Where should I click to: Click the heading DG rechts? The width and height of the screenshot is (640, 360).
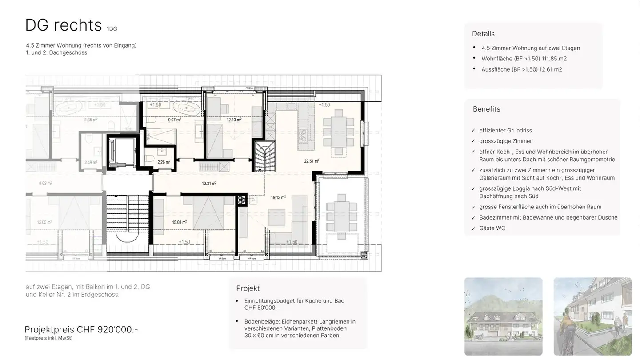(x=64, y=25)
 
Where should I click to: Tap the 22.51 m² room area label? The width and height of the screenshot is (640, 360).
(x=311, y=161)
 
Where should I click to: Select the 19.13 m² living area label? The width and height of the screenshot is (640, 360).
(x=278, y=198)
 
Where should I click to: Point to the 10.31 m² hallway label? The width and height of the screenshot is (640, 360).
(x=209, y=183)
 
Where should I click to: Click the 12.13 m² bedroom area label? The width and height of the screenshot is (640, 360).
(x=234, y=120)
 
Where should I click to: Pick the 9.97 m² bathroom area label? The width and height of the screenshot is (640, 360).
(x=174, y=120)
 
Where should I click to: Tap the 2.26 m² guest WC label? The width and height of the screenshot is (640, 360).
(x=164, y=162)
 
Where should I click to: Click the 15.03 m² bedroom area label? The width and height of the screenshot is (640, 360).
(x=179, y=222)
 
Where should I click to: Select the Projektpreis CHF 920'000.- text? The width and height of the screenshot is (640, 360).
(x=81, y=329)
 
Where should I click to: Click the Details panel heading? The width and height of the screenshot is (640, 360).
(x=483, y=34)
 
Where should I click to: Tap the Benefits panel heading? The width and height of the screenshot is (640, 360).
(x=486, y=109)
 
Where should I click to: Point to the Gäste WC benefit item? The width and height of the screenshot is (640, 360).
(x=492, y=228)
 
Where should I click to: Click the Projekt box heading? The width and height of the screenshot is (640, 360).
(x=248, y=288)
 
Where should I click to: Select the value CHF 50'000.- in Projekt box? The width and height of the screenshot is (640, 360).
(x=262, y=308)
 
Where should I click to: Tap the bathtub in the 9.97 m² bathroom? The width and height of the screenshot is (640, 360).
(x=187, y=108)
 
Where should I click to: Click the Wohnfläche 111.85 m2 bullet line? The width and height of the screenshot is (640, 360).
(x=524, y=59)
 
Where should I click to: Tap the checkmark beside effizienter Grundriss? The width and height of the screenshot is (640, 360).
(x=473, y=131)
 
